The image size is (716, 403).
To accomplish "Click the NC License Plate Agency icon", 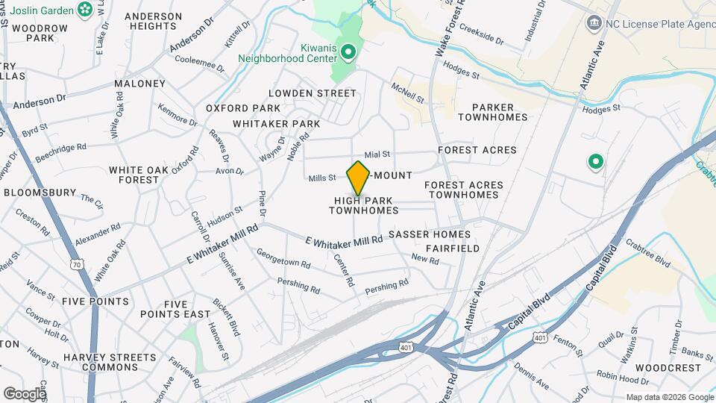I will click(x=594, y=22).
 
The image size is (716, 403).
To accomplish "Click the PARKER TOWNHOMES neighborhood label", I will click(x=492, y=111).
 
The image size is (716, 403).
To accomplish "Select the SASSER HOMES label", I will click(x=439, y=234).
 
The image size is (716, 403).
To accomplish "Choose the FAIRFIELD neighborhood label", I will click(x=453, y=248).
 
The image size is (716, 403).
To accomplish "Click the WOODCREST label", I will click(x=670, y=368).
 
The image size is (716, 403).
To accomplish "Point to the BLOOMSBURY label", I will click(x=40, y=192).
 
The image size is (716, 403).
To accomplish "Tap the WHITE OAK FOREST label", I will click(x=145, y=175).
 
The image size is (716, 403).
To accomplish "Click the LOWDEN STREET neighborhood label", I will click(x=313, y=93).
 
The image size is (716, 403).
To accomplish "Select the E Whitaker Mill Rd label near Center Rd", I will click(x=344, y=240).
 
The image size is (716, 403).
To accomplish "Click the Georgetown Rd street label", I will click(x=283, y=262).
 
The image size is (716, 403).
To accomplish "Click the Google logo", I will click(x=25, y=393).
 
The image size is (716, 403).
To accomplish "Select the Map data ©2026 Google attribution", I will click(x=669, y=397).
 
